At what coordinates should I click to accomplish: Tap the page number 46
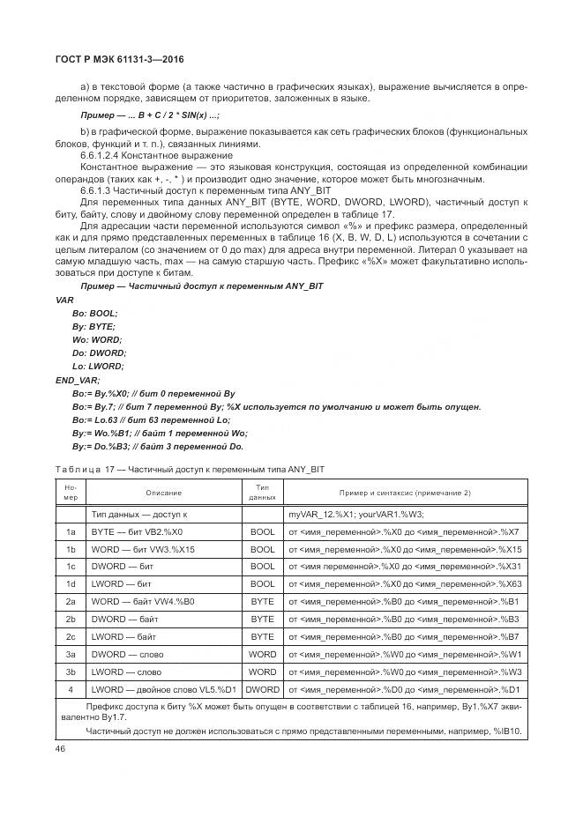pos(61,747)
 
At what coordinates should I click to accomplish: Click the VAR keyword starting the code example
pos(64,300)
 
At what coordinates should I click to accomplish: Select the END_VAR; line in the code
pos(77,379)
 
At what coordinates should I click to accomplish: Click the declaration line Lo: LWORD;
pos(98,366)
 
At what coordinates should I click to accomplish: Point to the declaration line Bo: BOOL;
pos(94,313)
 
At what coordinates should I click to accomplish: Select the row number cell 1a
pos(70,532)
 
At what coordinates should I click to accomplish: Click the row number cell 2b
pos(70,620)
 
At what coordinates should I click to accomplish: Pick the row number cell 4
pos(70,689)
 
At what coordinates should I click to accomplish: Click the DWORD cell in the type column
pos(262,689)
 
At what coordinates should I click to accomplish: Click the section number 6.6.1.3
pos(97,190)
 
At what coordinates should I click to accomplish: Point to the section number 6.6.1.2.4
pos(101,155)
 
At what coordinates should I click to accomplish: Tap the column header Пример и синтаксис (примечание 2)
pos(405,493)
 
